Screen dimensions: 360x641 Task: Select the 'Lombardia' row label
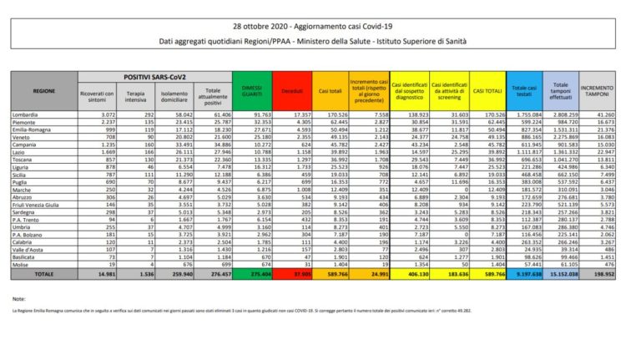tap(25, 113)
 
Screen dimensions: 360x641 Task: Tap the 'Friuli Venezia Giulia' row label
tap(35, 203)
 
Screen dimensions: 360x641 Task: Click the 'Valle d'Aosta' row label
tap(27, 248)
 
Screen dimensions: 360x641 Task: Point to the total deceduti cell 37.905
tap(297, 273)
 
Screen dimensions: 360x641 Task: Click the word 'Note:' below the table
tap(19, 297)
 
